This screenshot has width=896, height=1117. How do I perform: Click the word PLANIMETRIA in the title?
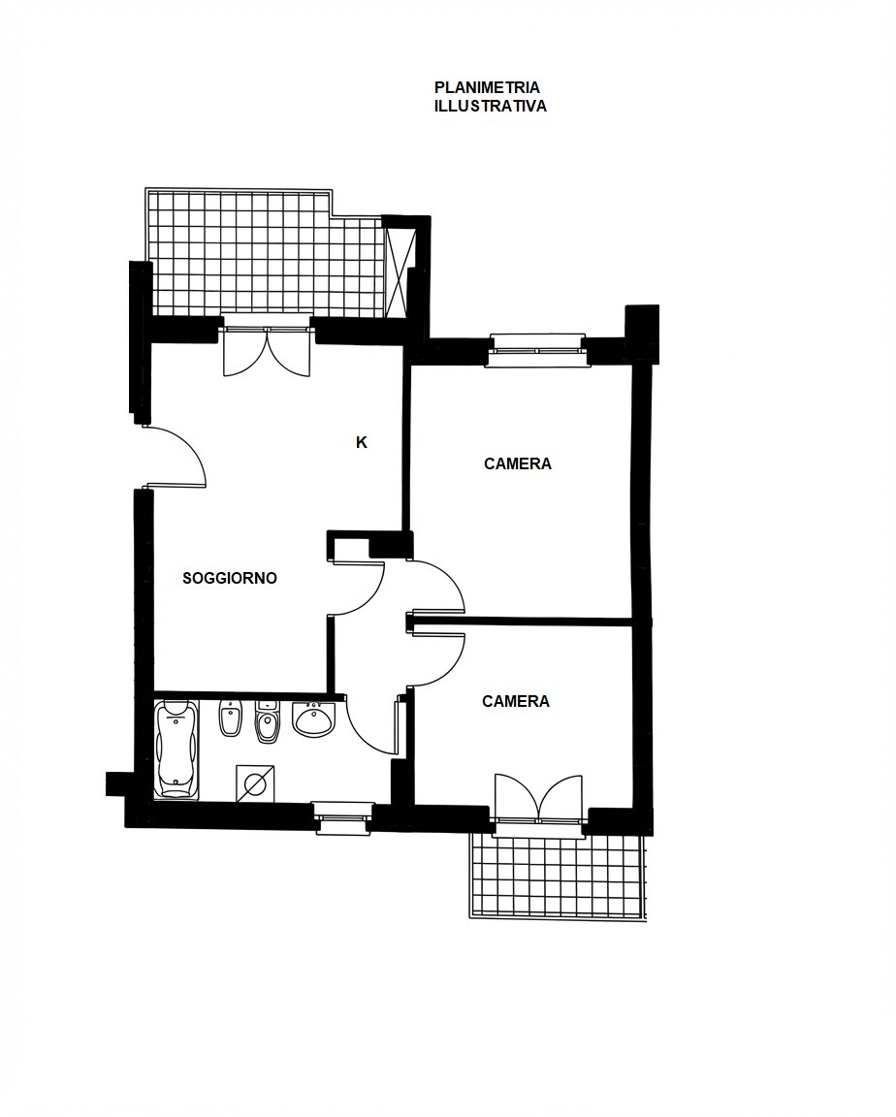[x=487, y=87]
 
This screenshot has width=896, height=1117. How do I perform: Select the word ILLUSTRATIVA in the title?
[x=491, y=106]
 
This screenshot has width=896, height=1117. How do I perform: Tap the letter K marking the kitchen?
[x=361, y=442]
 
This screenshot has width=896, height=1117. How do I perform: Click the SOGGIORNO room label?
[x=230, y=578]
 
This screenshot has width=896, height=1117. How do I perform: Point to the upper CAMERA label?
[x=518, y=463]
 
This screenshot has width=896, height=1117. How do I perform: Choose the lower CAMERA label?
[x=516, y=702]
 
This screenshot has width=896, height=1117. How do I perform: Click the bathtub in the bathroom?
[x=177, y=749]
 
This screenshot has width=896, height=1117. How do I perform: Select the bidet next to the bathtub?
[x=231, y=718]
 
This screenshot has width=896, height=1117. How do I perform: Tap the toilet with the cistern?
[x=268, y=721]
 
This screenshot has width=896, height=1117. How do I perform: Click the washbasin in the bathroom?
[x=313, y=718]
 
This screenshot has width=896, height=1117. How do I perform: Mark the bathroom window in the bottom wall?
[x=343, y=817]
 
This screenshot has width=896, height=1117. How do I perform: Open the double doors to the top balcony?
[x=267, y=349]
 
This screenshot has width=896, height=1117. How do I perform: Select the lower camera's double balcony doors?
[x=539, y=799]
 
